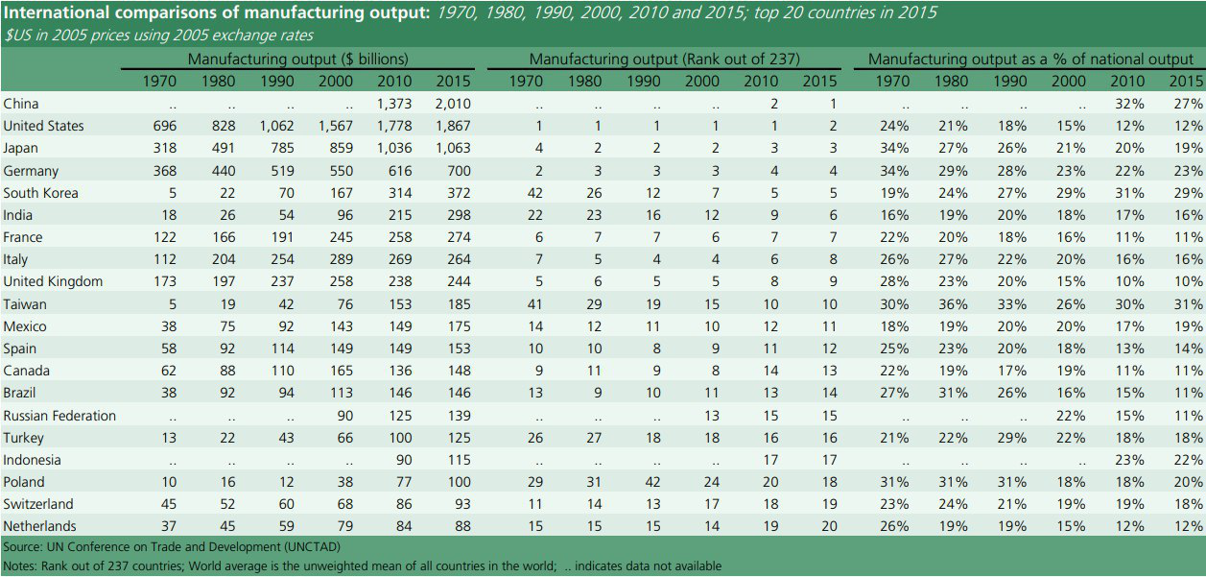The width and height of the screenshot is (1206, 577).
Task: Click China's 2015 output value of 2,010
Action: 453,104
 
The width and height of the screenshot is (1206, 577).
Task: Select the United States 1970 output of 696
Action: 165,126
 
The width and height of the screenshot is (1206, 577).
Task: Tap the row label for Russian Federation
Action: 59,416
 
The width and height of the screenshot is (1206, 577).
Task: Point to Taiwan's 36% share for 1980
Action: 952,304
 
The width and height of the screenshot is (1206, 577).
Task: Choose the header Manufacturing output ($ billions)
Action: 297,60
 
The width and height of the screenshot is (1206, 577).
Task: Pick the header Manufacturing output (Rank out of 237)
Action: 664,60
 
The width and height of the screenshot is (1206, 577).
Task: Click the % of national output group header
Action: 1030,60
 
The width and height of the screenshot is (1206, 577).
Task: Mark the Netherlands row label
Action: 39,526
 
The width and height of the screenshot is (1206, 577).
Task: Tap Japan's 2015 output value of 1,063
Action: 453,148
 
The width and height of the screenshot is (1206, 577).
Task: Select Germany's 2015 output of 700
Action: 459,171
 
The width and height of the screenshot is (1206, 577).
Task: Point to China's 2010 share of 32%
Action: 1128,104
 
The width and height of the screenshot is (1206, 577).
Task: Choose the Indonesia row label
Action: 33,460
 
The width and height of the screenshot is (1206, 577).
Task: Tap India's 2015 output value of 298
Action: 459,215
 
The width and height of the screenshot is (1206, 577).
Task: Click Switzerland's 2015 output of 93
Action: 461,504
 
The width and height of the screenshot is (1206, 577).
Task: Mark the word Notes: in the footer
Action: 22,566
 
